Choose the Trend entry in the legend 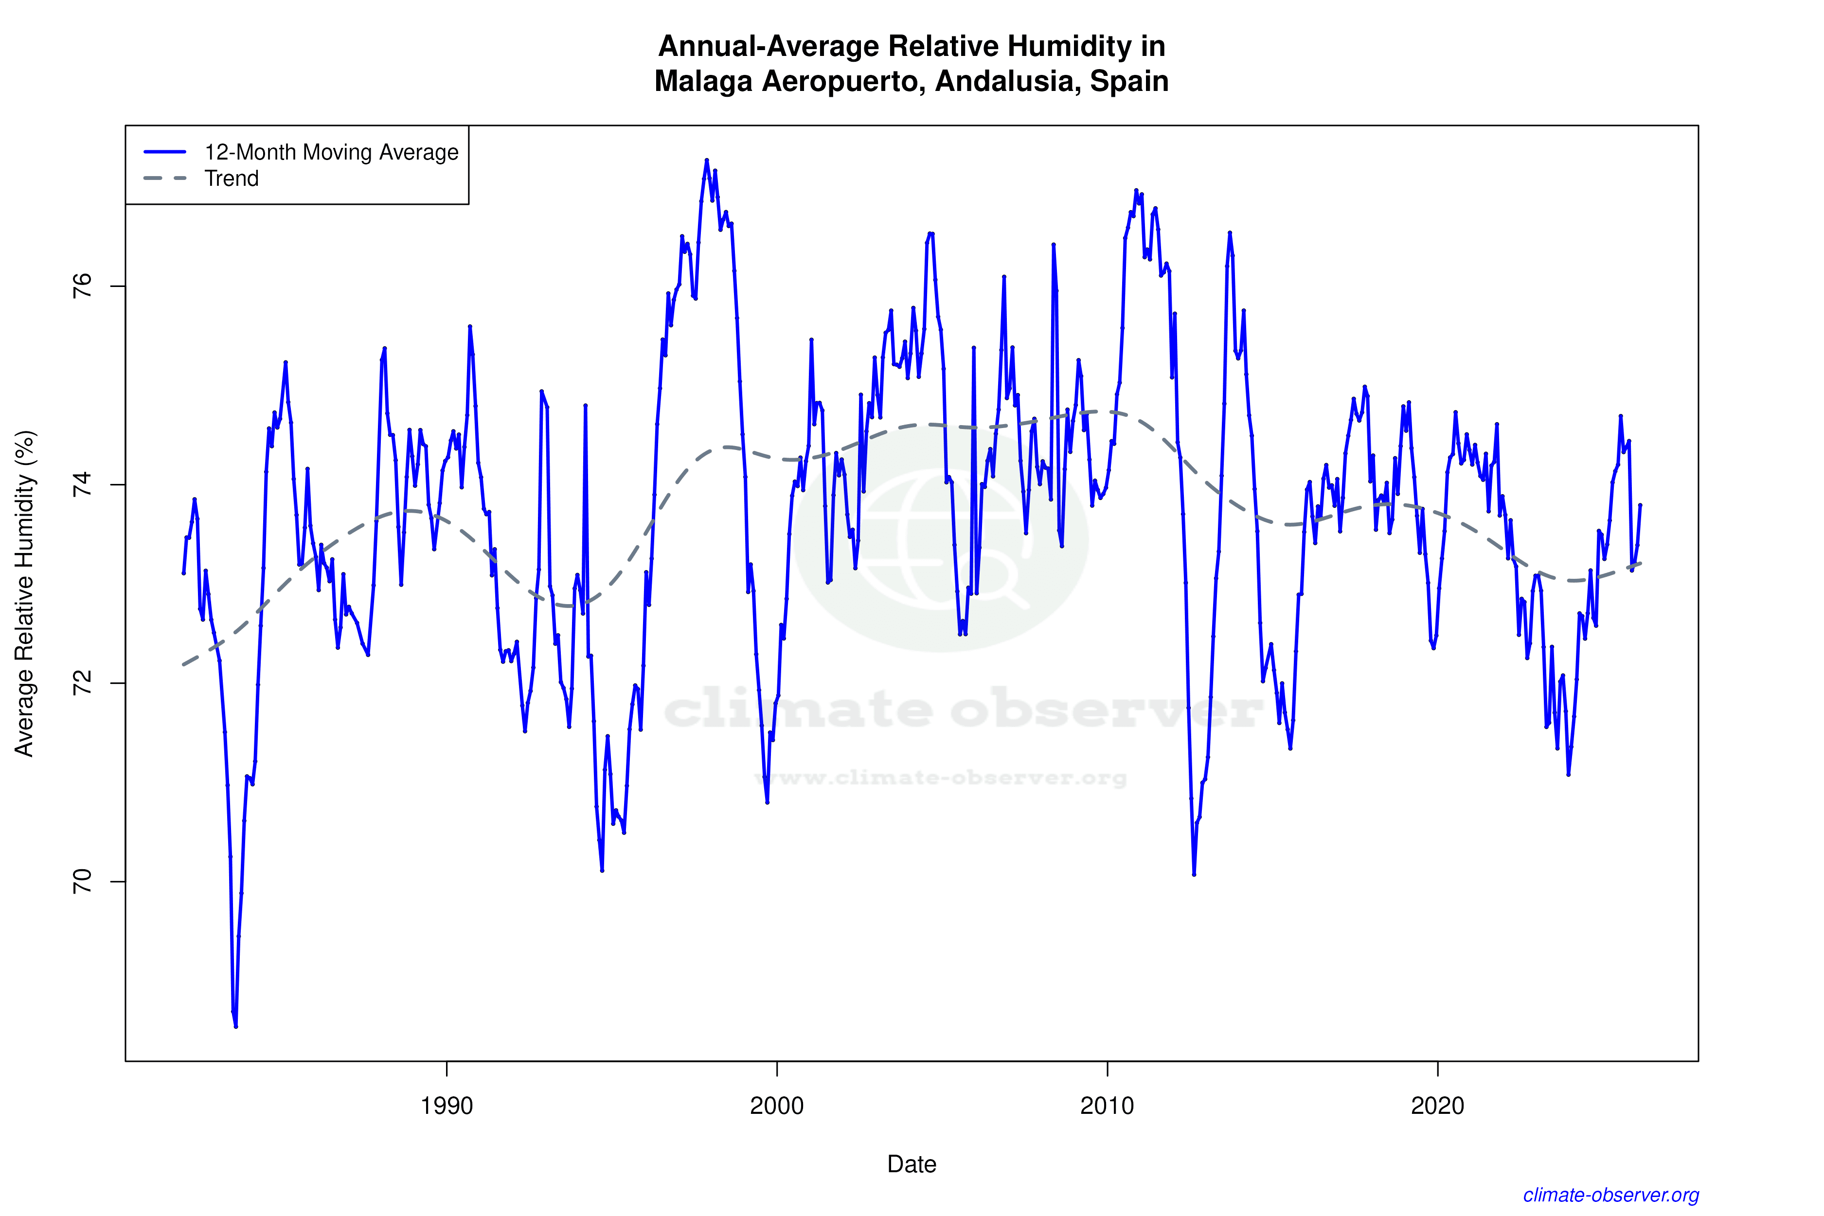tap(231, 179)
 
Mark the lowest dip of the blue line tap(236, 1026)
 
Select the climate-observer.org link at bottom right tap(1611, 1195)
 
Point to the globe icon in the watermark tap(940, 539)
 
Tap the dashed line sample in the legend tap(165, 179)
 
